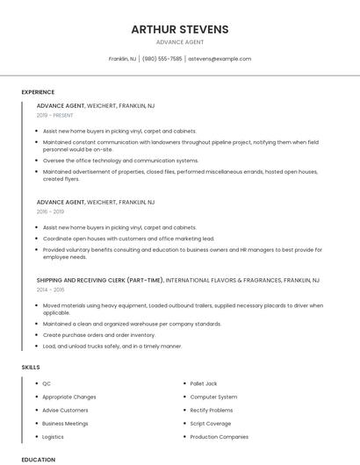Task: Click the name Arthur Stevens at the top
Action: click(180, 29)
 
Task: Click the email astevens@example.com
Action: click(220, 59)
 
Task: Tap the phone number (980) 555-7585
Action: click(162, 59)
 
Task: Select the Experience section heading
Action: click(38, 92)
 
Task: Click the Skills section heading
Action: click(31, 366)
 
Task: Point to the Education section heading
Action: click(39, 459)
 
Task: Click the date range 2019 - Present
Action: click(55, 115)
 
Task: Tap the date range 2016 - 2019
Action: click(50, 211)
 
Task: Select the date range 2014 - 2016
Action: click(50, 290)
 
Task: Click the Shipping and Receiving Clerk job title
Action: click(100, 280)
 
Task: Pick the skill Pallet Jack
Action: click(204, 383)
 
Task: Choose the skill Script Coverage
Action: click(211, 423)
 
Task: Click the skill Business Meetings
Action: click(65, 423)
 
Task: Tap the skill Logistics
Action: click(54, 436)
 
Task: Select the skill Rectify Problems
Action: click(212, 410)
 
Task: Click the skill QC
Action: click(47, 383)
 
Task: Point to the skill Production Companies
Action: click(220, 436)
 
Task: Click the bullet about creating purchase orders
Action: click(99, 334)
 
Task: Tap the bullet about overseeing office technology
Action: click(121, 161)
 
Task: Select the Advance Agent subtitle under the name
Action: click(180, 42)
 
